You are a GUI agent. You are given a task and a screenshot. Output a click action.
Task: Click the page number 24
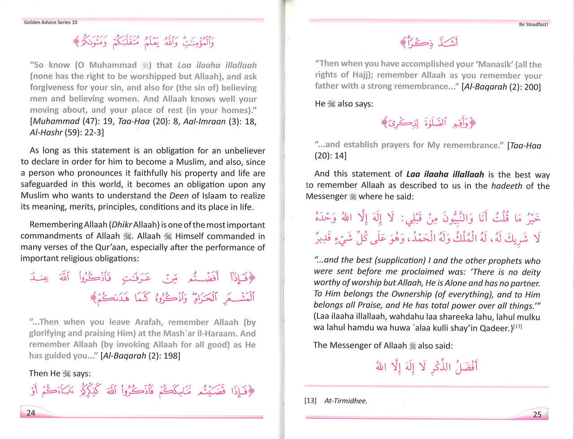pyautogui.click(x=31, y=413)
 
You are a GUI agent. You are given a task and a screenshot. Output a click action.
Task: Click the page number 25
pyautogui.click(x=537, y=414)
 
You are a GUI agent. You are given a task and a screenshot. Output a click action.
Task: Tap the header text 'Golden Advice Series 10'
pyautogui.click(x=51, y=22)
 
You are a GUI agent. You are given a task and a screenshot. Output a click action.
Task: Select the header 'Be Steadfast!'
pyautogui.click(x=534, y=24)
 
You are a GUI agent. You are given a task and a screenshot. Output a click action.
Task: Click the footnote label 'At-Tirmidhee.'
pyautogui.click(x=346, y=401)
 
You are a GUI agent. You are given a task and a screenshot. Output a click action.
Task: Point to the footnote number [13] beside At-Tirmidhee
pyautogui.click(x=310, y=401)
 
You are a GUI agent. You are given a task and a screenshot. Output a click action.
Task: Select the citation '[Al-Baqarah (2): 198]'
pyautogui.click(x=140, y=356)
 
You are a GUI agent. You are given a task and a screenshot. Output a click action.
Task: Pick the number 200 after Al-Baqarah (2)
pyautogui.click(x=532, y=87)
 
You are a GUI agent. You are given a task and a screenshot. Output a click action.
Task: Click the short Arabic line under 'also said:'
pyautogui.click(x=426, y=367)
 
